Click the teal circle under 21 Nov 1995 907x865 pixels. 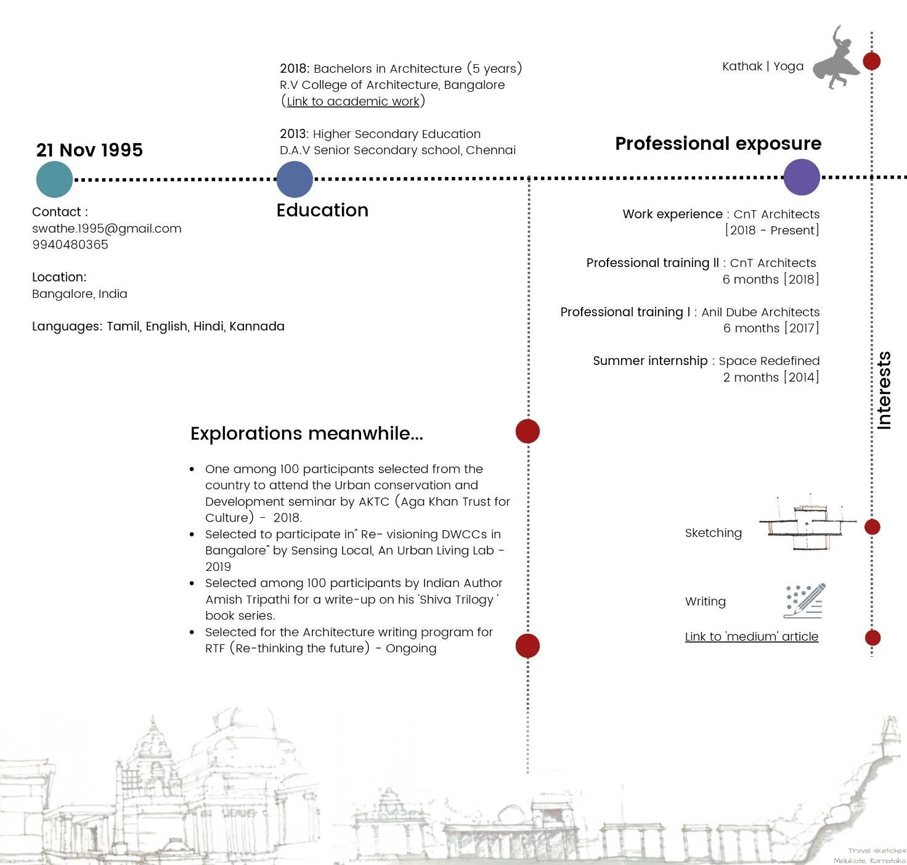tap(54, 179)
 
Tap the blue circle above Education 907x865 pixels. tap(295, 179)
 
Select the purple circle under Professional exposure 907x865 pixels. tap(802, 177)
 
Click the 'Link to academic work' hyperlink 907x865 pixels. tap(353, 101)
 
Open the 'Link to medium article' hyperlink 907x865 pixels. tap(751, 636)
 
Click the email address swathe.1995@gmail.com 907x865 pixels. tap(107, 228)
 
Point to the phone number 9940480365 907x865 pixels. tap(70, 244)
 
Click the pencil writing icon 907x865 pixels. tap(805, 601)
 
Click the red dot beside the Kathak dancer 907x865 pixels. tap(871, 61)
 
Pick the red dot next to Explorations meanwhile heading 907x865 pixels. tap(527, 431)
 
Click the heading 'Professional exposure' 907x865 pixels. tap(718, 144)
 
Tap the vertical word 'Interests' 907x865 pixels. tap(884, 390)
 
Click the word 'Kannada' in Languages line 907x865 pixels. tap(257, 326)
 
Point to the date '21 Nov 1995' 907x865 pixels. tap(89, 150)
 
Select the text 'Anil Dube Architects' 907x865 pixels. tap(760, 312)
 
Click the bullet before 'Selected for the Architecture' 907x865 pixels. tap(192, 632)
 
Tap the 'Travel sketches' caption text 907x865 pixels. tap(876, 850)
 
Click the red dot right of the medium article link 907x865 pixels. tap(872, 637)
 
